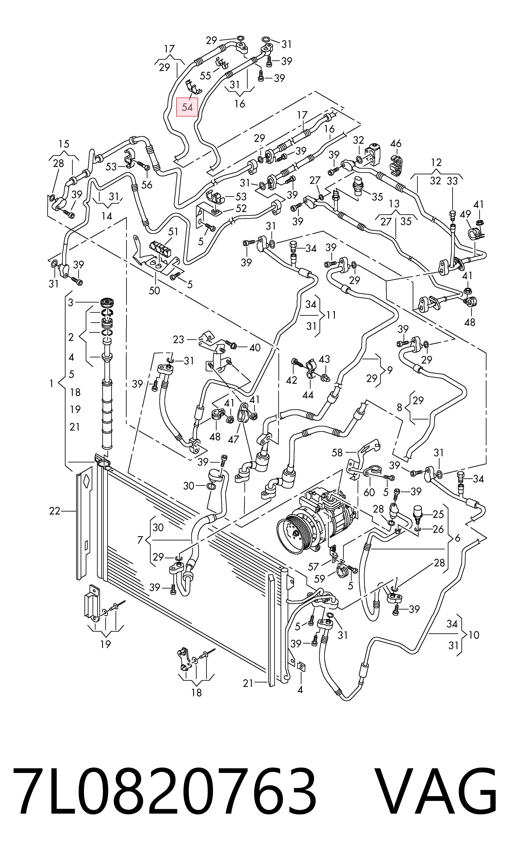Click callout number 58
337,453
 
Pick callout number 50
154,291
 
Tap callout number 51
173,232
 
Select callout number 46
395,144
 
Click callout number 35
377,197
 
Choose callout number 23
178,340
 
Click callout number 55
206,75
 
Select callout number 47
233,439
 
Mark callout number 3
71,302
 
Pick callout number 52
241,208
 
